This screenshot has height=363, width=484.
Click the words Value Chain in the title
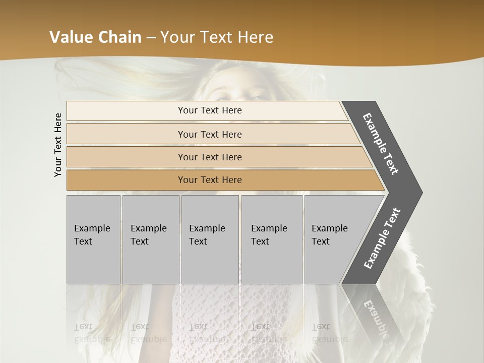tap(95, 37)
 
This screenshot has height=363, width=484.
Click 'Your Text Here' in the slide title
tap(217, 37)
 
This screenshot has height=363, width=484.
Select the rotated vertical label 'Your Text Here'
tap(58, 145)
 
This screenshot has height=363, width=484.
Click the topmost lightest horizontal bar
tap(209, 110)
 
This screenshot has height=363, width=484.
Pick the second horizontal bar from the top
tap(209, 134)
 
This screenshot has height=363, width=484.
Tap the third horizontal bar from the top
tap(209, 157)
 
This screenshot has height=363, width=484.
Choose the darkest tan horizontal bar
tap(209, 180)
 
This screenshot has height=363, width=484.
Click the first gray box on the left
tap(93, 239)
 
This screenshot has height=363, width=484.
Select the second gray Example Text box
tap(150, 239)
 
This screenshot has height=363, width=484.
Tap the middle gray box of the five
tap(210, 239)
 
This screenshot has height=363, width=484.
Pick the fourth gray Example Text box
tap(272, 239)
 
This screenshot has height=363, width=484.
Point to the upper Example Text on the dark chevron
tap(381, 144)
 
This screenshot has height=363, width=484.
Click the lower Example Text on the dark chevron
tap(382, 238)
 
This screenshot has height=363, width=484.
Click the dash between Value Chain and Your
tap(151, 38)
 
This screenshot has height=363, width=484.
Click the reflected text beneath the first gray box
tap(92, 333)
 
